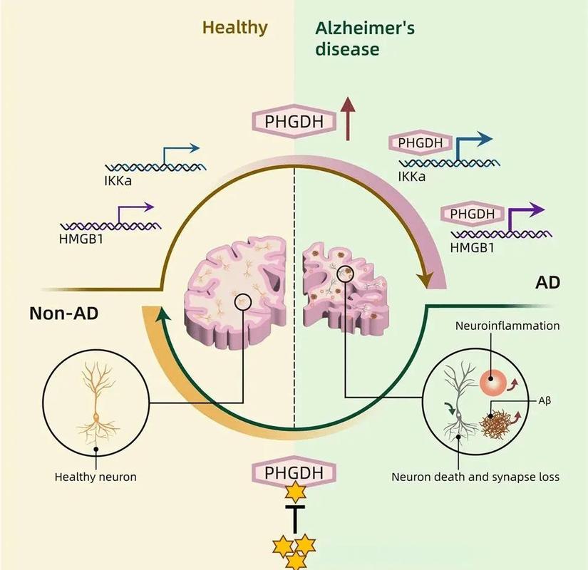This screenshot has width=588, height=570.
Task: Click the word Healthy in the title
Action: (234, 28)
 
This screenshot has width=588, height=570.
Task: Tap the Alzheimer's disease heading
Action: (365, 38)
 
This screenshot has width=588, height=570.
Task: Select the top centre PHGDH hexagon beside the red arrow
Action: (294, 121)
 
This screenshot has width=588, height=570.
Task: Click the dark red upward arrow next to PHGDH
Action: (348, 118)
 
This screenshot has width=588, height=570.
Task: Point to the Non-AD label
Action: (63, 313)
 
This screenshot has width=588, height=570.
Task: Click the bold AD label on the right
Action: (548, 282)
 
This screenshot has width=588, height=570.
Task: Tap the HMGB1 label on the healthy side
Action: (81, 239)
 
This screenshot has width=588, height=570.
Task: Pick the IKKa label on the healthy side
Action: (118, 181)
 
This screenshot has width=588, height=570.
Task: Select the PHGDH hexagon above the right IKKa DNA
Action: (421, 142)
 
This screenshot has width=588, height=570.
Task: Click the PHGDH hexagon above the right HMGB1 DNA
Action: (472, 214)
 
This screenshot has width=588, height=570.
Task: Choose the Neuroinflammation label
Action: (507, 326)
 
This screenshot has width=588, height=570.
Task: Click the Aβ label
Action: (545, 401)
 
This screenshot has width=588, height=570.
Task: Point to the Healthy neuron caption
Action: (96, 477)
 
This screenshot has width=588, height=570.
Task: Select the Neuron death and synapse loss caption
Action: (475, 477)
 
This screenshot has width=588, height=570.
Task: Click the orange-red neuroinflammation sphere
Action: (492, 383)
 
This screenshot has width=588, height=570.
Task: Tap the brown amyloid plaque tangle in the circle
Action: (496, 424)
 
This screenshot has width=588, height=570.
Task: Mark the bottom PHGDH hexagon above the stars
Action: (294, 472)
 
